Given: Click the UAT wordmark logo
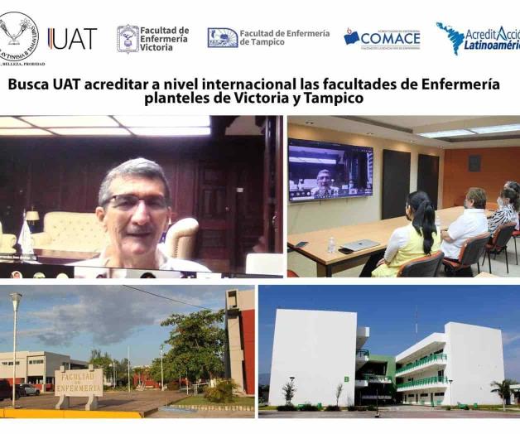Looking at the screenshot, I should tap(73, 38).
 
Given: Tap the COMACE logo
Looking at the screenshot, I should tap(382, 38).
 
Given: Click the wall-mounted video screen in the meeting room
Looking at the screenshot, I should tap(330, 170).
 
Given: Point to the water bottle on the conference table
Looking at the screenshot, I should tap(331, 244).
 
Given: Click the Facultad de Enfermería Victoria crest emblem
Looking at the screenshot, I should tap(128, 38).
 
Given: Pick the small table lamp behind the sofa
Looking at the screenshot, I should tap(31, 217).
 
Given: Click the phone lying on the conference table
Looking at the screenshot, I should tap(301, 244).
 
